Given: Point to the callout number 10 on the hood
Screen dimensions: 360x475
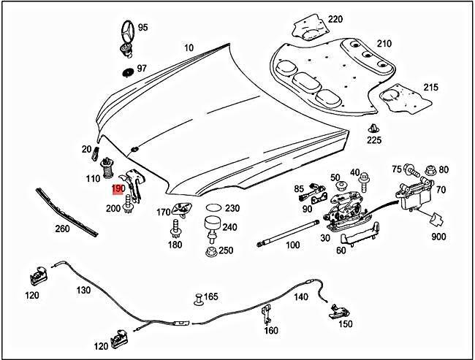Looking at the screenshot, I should pyautogui.click(x=189, y=48).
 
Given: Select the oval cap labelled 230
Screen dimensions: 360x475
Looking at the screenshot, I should pyautogui.click(x=213, y=207).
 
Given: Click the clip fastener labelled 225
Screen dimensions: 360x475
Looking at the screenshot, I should pyautogui.click(x=372, y=131).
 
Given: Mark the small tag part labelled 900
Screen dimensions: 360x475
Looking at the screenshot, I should pyautogui.click(x=436, y=219).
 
